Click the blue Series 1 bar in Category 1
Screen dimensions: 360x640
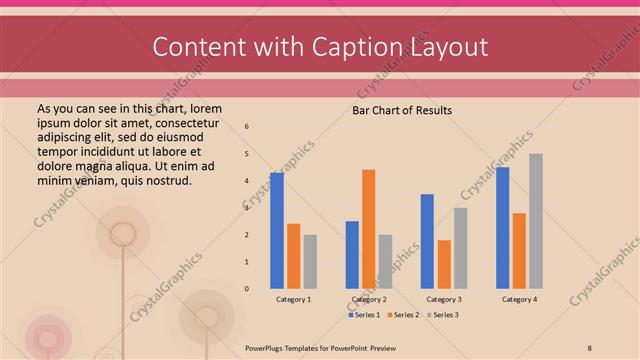277,231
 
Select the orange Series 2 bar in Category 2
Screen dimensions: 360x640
368,229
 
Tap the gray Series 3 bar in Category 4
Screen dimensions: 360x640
536,221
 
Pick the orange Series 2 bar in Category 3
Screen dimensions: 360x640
444,264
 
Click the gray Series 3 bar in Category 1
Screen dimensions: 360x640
310,261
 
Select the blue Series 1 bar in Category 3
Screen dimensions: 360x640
427,241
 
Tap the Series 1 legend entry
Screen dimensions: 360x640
364,315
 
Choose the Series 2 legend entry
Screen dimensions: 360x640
401,315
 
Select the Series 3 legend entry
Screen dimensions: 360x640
440,315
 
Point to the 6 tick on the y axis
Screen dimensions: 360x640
247,126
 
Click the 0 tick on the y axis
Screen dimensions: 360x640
247,289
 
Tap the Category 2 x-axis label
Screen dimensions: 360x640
369,300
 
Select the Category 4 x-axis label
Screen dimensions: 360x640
519,300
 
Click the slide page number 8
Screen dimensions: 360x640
589,346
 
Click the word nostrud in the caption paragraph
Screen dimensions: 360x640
165,180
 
